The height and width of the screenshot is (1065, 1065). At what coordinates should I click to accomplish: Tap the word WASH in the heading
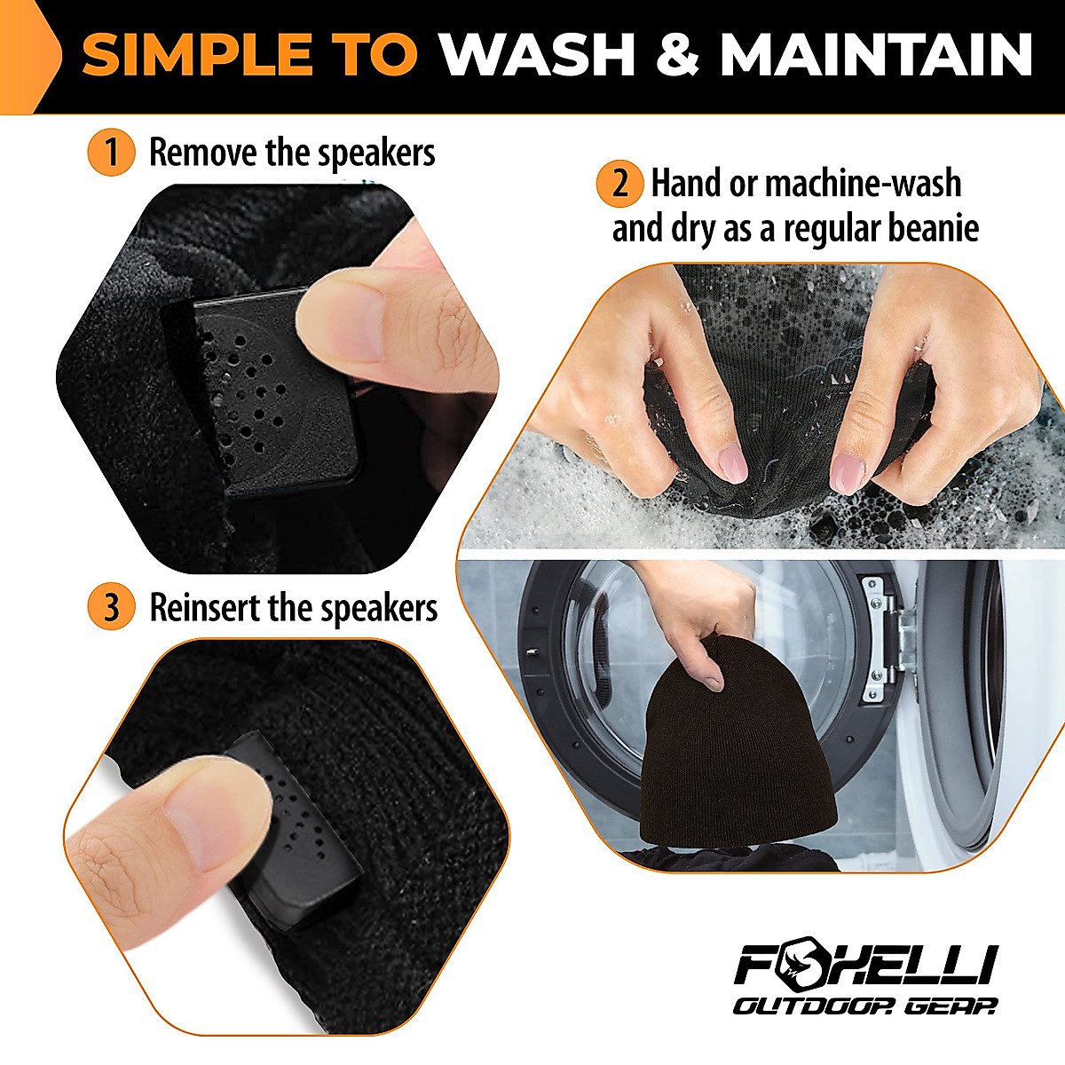point(538,55)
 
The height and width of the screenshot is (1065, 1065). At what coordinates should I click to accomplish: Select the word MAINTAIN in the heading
point(876,55)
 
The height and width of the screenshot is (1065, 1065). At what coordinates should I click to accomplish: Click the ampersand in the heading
point(677,55)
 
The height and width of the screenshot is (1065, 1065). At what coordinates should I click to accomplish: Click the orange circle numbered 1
point(111,153)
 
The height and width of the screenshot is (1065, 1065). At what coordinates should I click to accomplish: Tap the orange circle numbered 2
point(619,184)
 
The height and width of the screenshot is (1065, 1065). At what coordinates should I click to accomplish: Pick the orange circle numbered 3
point(111,609)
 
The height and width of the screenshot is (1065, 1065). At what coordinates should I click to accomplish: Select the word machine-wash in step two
point(862,184)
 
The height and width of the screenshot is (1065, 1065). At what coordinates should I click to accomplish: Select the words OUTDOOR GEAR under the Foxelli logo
point(864,1006)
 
